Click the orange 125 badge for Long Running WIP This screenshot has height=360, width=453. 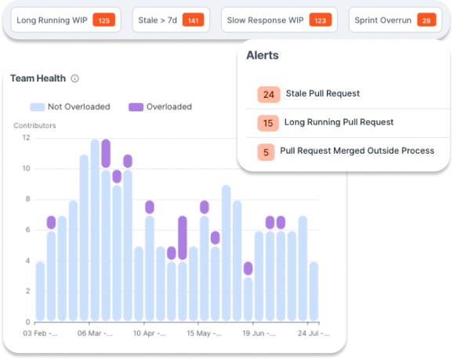tap(103, 20)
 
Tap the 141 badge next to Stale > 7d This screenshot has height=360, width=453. tap(192, 20)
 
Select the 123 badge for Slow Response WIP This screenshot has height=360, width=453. tap(320, 20)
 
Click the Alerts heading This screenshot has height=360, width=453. tap(263, 56)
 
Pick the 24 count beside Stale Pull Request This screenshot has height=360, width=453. tap(269, 95)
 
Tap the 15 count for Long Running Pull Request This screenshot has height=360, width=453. tap(269, 123)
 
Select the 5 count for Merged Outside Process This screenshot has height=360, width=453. tap(266, 151)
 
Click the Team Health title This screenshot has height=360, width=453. tap(38, 78)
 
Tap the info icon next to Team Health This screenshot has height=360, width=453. tap(75, 78)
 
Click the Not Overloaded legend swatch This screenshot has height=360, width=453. tap(37, 107)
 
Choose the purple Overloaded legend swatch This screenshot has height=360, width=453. tap(136, 107)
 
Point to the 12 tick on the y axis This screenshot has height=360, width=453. tap(26, 138)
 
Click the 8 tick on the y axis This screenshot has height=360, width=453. tap(27, 199)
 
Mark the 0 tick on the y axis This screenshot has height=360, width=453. tap(27, 322)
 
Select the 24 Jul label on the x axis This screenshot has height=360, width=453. tap(306, 333)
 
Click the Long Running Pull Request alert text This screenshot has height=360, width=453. tap(339, 122)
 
